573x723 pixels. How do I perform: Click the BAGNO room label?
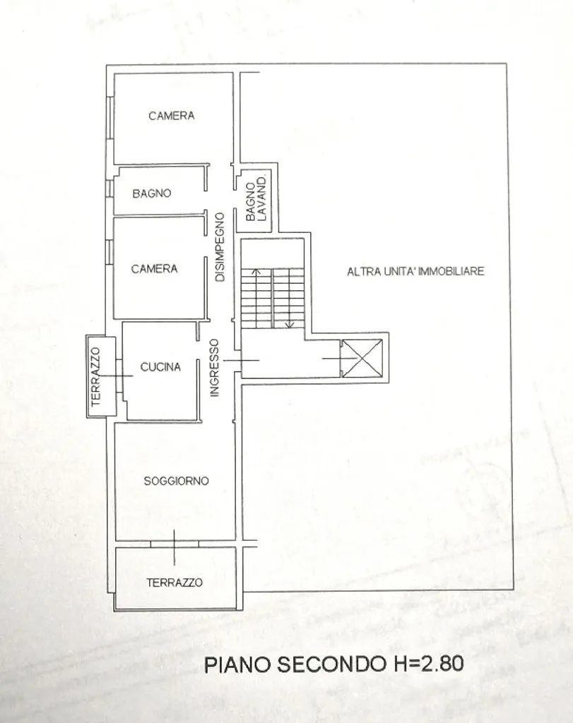(152, 193)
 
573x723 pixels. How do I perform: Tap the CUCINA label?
(160, 367)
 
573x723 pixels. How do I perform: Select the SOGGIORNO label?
(176, 481)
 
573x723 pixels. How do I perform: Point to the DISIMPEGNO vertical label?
(220, 247)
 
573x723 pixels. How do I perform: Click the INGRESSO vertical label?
(215, 367)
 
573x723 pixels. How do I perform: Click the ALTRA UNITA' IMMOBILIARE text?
(415, 271)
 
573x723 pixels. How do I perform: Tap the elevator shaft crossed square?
(362, 358)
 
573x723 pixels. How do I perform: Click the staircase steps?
(273, 299)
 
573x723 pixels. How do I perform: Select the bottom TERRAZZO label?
(175, 582)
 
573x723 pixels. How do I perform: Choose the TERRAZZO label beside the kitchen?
(95, 377)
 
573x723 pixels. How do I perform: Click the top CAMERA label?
(172, 116)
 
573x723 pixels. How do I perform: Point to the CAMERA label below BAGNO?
(154, 269)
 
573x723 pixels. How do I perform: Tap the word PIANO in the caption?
(238, 665)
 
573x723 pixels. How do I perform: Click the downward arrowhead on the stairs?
(289, 325)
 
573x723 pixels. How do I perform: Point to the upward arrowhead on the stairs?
(257, 272)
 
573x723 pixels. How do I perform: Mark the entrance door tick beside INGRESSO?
(242, 360)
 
